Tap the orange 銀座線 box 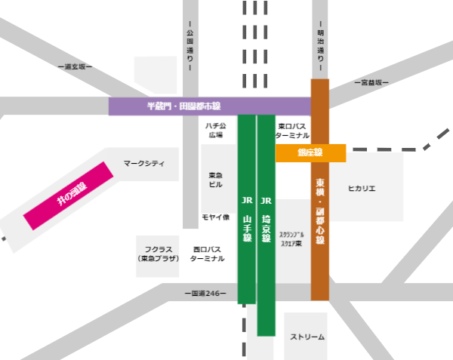310,153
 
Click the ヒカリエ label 362,189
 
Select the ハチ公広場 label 215,131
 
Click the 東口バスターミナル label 292,131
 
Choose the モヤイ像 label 215,218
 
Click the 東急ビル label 216,180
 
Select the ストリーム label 307,337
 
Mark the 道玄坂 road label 74,66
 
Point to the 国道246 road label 205,293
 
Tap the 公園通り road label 190,45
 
